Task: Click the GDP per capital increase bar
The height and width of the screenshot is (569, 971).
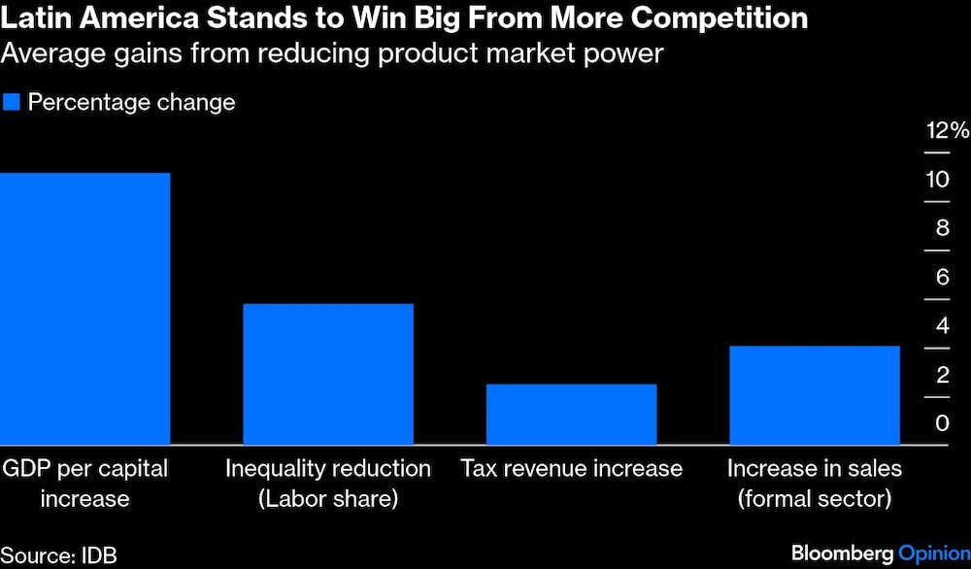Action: (85, 309)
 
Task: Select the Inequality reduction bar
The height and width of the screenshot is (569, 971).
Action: (328, 375)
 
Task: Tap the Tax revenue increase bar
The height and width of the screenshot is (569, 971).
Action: (571, 415)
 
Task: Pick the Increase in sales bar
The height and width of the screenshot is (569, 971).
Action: (814, 395)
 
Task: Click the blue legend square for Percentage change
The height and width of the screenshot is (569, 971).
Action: (12, 102)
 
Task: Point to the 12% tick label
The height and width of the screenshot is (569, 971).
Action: (946, 131)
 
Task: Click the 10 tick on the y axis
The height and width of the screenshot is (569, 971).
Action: (937, 180)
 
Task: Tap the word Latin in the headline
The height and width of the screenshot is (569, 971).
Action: (30, 18)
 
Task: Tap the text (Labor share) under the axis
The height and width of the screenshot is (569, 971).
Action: (328, 499)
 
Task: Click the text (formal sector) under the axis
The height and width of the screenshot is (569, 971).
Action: (814, 499)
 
